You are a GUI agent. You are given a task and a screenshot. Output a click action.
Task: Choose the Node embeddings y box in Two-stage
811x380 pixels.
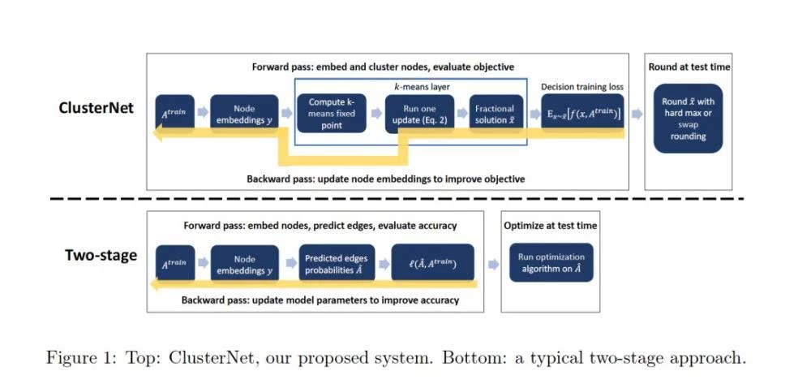tap(244, 262)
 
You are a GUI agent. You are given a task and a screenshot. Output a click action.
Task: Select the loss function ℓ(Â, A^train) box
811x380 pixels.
tap(431, 262)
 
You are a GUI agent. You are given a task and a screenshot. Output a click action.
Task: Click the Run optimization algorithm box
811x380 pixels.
tap(551, 262)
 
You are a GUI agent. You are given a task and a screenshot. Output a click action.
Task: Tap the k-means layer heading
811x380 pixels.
tap(409, 85)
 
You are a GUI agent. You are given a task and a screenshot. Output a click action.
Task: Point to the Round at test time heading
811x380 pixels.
tap(689, 67)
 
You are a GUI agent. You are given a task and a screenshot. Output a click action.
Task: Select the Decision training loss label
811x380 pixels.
tap(583, 86)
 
